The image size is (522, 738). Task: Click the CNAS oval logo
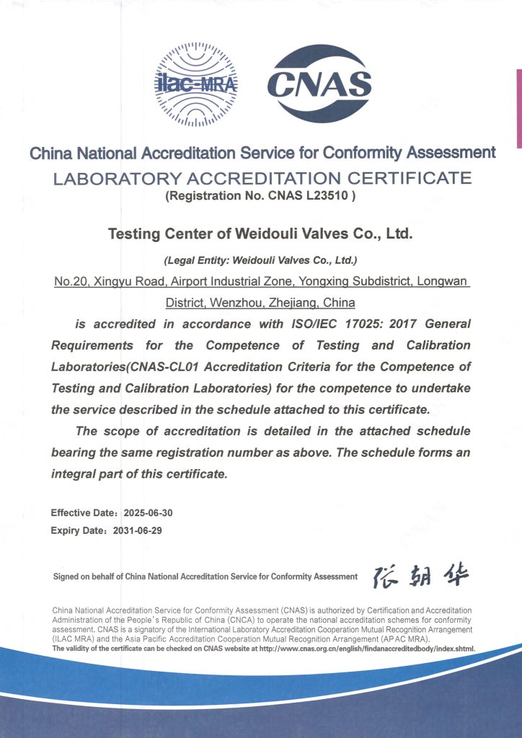tap(319, 83)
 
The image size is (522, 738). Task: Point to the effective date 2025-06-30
tap(149, 513)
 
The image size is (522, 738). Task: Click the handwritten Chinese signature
tap(421, 574)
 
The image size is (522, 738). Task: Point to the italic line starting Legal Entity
tap(261, 259)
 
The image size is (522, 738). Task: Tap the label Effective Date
tap(82, 513)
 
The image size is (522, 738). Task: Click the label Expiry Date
tap(78, 530)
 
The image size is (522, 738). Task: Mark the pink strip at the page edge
tap(518, 108)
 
